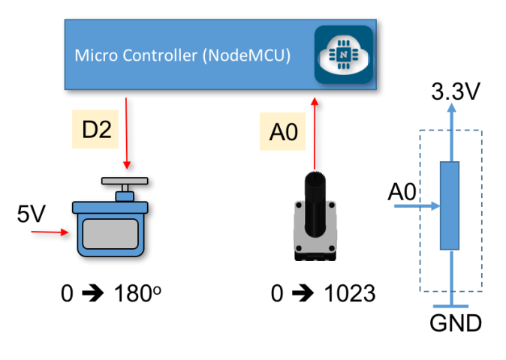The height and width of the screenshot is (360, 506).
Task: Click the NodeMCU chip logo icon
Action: point(343,55)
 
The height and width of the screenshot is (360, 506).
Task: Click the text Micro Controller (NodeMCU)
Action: point(183,55)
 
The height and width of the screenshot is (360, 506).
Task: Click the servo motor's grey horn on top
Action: point(125,182)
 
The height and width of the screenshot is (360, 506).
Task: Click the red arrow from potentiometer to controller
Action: point(315,135)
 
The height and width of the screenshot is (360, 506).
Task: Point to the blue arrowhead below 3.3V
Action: point(450,109)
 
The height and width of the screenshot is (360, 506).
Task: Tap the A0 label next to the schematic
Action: point(402,193)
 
